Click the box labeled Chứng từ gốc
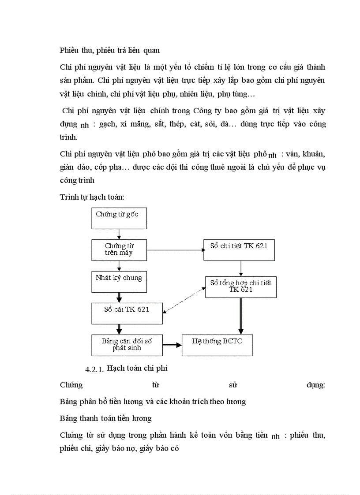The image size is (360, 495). (x=119, y=218)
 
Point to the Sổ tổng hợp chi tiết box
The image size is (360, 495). (x=241, y=287)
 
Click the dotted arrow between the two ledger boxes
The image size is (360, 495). (x=184, y=300)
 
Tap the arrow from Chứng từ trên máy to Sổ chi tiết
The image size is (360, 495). (x=176, y=250)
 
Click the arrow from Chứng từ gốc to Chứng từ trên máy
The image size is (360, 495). (x=119, y=234)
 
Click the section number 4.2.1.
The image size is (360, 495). (x=94, y=369)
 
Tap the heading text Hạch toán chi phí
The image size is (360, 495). (x=137, y=368)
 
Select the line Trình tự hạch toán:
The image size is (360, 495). (x=89, y=197)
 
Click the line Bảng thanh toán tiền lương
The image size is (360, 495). (x=105, y=418)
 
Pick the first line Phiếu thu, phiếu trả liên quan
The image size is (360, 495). (x=109, y=50)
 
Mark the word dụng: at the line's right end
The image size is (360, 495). (x=315, y=385)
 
